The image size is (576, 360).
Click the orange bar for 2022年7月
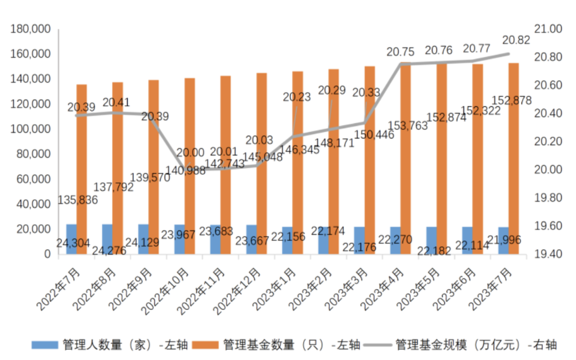tap(82, 169)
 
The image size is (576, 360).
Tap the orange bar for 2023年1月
tap(298, 163)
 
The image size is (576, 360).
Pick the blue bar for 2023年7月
tap(503, 241)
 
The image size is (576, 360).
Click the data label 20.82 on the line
tap(516, 40)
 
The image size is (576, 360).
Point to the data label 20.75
tap(400, 52)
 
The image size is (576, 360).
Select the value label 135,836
tap(78, 200)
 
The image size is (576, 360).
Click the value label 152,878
tap(512, 100)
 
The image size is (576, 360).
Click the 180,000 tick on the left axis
tap(31, 29)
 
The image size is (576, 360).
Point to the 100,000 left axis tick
tap(31, 129)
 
